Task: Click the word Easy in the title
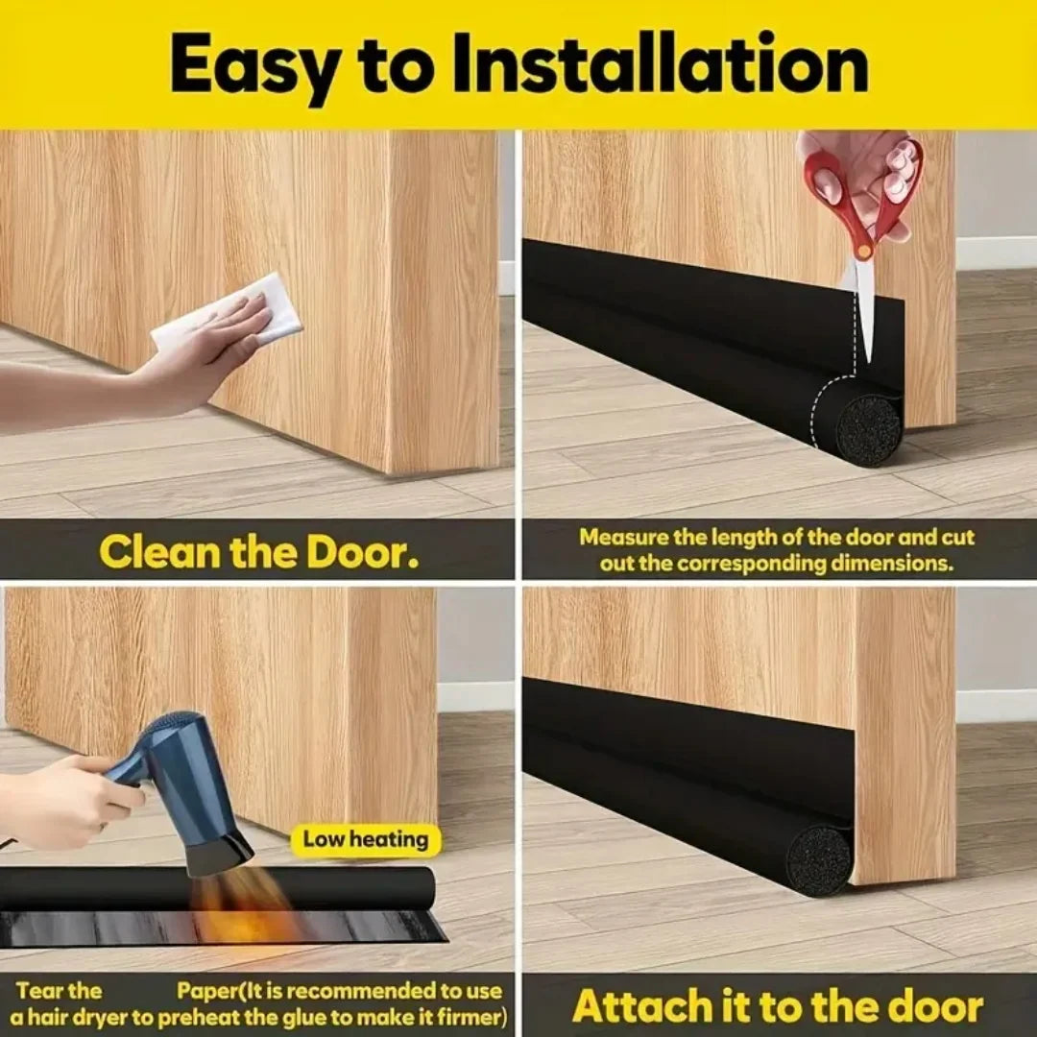[256, 64]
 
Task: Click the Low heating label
[366, 839]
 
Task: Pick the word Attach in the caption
[631, 1007]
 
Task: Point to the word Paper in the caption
[205, 991]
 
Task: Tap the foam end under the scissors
[867, 428]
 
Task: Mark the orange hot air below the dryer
[240, 907]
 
